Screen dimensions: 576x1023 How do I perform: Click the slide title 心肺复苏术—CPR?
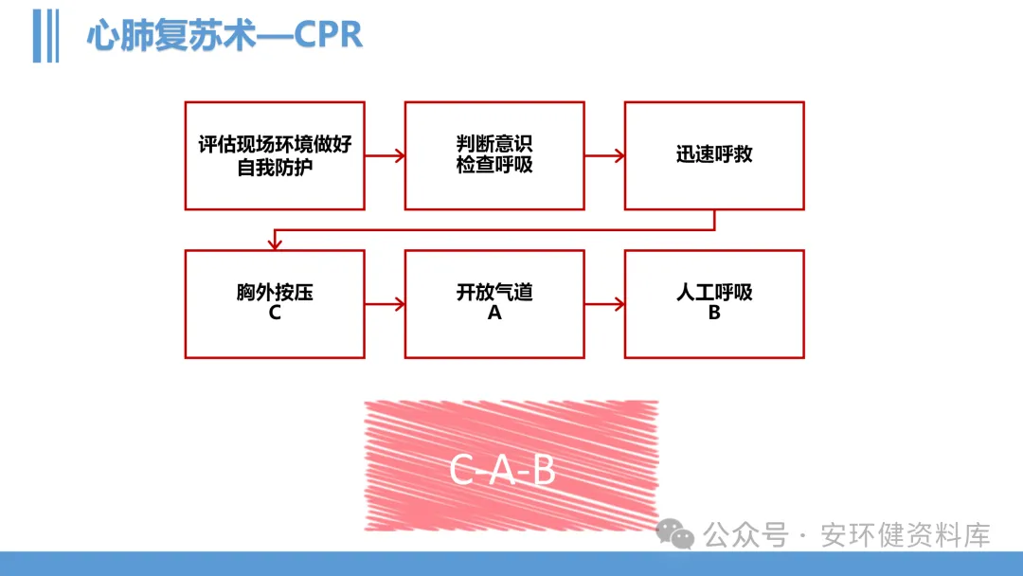(224, 36)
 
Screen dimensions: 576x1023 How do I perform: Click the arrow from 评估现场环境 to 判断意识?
(385, 154)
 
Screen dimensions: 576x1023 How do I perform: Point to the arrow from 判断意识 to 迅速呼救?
(604, 154)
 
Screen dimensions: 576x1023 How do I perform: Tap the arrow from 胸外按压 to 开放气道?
(385, 304)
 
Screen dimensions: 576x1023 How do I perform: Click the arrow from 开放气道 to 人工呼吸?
(604, 304)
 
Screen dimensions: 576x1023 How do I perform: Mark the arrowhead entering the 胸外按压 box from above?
(275, 243)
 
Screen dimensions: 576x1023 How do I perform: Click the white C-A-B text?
(502, 471)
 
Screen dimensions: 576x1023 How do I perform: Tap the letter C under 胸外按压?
(275, 313)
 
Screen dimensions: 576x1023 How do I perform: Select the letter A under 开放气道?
(494, 313)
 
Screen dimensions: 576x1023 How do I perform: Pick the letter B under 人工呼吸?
(714, 313)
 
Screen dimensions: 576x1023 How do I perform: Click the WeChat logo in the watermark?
(675, 534)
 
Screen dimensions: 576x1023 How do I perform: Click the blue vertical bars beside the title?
(45, 36)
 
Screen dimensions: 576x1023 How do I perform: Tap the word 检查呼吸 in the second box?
(494, 165)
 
